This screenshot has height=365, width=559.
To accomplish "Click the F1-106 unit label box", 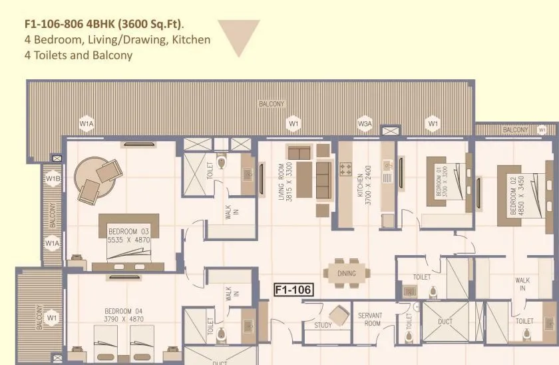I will (293, 290).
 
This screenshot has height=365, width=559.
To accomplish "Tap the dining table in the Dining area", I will (346, 273).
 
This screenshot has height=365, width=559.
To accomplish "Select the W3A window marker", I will (365, 123).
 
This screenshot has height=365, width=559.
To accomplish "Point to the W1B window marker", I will (53, 179).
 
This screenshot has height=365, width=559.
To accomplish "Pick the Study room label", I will (323, 325).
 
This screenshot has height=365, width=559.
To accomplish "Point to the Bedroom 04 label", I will (124, 311).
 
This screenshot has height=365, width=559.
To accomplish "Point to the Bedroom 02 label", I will (512, 195).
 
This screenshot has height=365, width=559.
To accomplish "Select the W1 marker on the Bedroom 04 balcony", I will (53, 318).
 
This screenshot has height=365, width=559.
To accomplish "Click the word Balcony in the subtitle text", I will (110, 55).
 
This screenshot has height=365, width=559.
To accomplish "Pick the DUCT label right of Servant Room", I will (446, 321).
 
